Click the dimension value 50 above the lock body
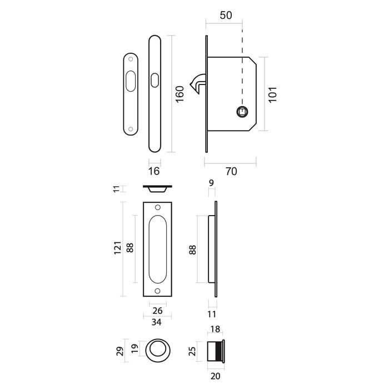click(x=226, y=15)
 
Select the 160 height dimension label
click(x=179, y=93)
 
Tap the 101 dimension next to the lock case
click(x=272, y=93)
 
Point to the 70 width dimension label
click(x=231, y=171)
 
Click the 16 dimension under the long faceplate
click(x=155, y=172)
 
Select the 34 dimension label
click(x=157, y=322)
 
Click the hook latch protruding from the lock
click(x=197, y=84)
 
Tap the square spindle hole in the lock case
click(x=242, y=112)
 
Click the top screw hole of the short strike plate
click(x=131, y=58)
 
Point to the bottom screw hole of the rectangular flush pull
click(x=157, y=291)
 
